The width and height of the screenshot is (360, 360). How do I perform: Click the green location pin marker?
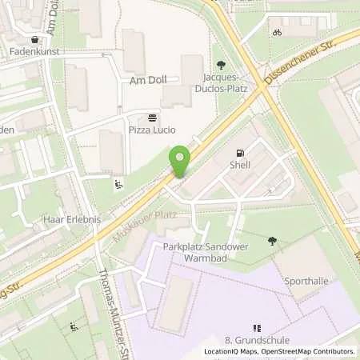tap(181, 160)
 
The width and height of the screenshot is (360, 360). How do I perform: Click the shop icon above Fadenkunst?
tap(34, 39)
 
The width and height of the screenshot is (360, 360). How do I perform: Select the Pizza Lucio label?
tap(152, 130)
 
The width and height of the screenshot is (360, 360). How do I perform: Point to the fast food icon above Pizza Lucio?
tap(152, 117)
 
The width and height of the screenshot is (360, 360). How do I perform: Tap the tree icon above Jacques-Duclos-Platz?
tap(221, 66)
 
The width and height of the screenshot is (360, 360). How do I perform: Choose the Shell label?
tap(240, 166)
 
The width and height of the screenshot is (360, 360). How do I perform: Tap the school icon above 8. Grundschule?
tap(257, 328)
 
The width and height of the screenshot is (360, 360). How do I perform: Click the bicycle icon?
tap(277, 33)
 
